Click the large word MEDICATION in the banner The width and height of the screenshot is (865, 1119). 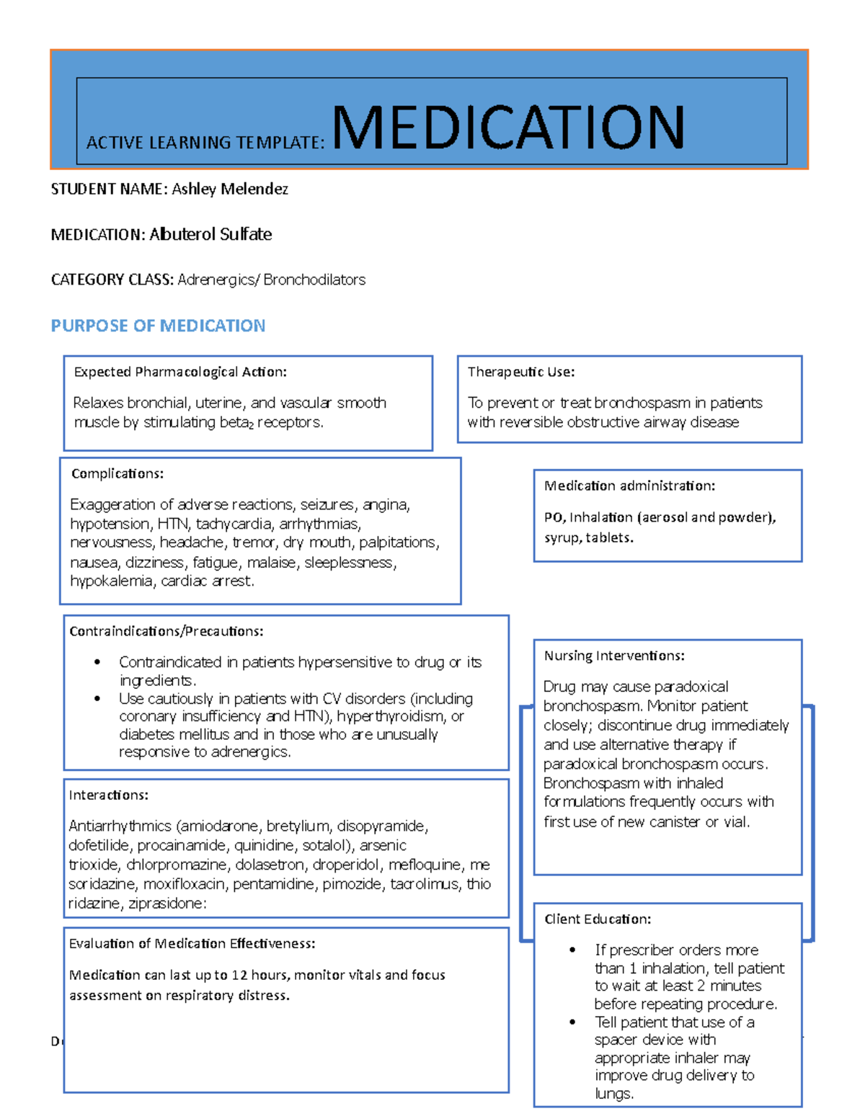(x=508, y=128)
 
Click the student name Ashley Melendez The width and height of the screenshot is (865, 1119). (x=229, y=189)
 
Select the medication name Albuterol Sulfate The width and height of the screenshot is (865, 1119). (x=210, y=234)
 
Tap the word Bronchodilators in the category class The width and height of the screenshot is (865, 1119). (x=314, y=280)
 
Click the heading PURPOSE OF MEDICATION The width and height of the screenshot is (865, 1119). (x=158, y=326)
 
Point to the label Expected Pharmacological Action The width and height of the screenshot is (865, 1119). (x=180, y=372)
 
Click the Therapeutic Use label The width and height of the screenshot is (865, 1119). (x=520, y=372)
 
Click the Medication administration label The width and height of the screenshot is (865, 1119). (x=629, y=486)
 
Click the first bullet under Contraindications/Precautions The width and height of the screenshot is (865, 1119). (x=97, y=662)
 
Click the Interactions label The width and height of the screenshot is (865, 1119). (x=108, y=795)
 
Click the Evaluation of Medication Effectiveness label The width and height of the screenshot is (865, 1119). (x=192, y=943)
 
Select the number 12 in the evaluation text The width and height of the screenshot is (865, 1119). (x=239, y=975)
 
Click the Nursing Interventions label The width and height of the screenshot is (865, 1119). (x=614, y=656)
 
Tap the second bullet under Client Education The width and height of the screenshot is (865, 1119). (x=572, y=1022)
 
